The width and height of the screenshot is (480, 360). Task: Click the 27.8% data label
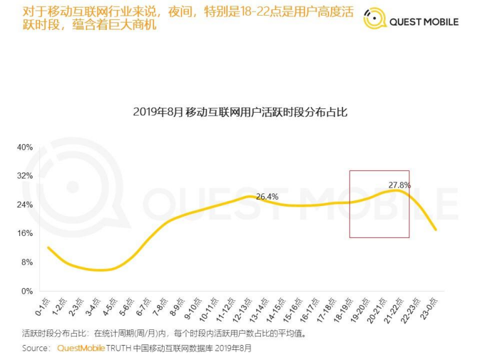tap(399, 185)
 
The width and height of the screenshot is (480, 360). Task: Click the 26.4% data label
tap(267, 197)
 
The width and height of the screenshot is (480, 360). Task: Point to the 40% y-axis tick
tap(24, 147)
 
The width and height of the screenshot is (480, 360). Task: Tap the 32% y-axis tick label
tap(24, 176)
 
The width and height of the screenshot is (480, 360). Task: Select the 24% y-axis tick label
tap(24, 205)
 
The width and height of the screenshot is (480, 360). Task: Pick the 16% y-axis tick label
tap(24, 234)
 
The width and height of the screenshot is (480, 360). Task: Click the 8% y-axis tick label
tap(26, 262)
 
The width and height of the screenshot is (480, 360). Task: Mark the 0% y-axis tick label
tap(26, 291)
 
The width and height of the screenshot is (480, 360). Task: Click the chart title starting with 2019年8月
tap(240, 113)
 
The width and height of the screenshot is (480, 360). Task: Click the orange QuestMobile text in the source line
tap(80, 347)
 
